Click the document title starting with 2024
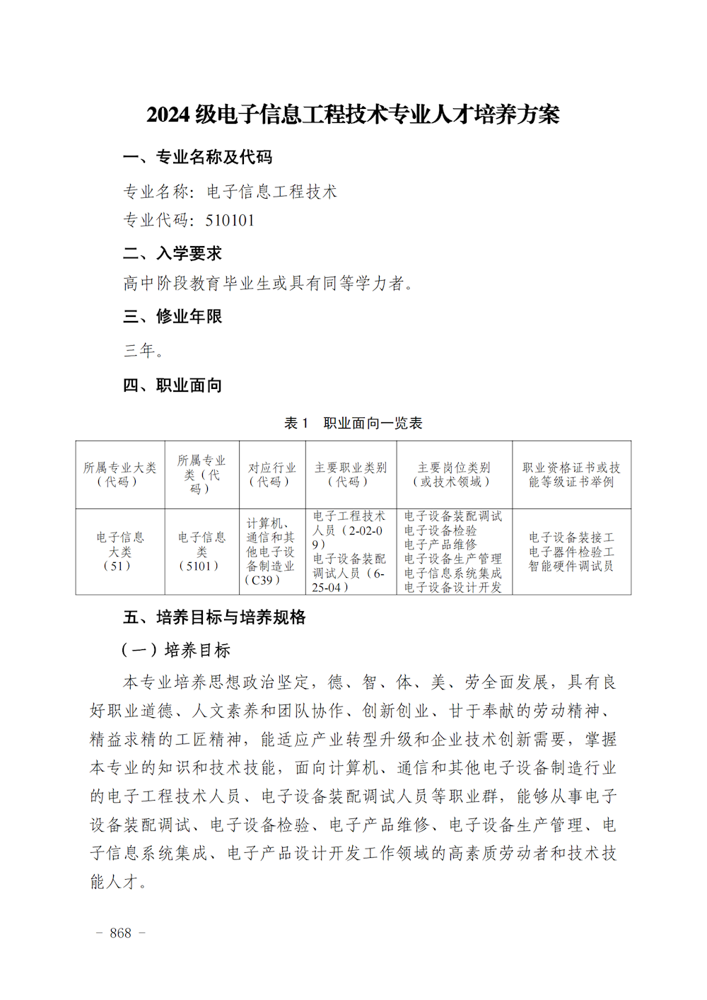(x=353, y=115)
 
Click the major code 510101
(x=230, y=221)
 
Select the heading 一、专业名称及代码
(x=197, y=157)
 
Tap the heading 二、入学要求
(x=173, y=253)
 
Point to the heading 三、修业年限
(x=173, y=316)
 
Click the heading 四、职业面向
(x=173, y=385)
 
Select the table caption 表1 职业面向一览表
(x=353, y=423)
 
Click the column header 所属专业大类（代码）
(x=119, y=475)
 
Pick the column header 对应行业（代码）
(x=272, y=475)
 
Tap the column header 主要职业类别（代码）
(x=351, y=475)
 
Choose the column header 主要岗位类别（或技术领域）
(x=454, y=475)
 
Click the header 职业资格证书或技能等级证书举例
(x=571, y=475)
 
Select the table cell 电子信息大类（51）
(x=119, y=552)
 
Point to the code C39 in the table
(x=262, y=581)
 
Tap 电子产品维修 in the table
(x=440, y=545)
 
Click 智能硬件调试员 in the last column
(x=571, y=566)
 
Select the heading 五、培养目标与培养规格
(x=214, y=617)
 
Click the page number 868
(x=121, y=933)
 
